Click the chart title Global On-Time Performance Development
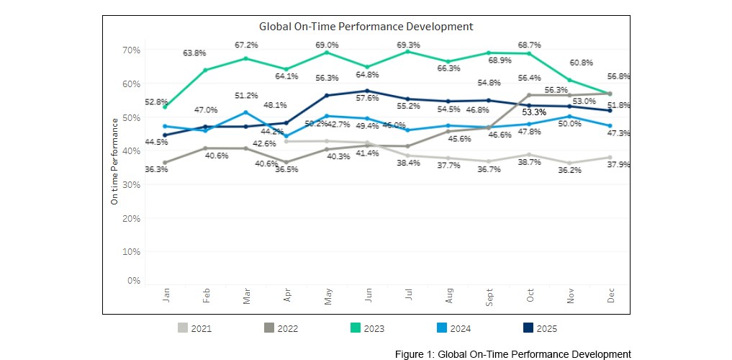point(366,26)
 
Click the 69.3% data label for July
point(408,45)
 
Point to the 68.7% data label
point(530,45)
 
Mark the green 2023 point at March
point(246,58)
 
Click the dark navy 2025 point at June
point(367,91)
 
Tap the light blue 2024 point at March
point(246,112)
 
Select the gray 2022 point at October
point(529,95)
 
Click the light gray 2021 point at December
point(610,157)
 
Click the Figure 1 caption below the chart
point(512,354)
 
